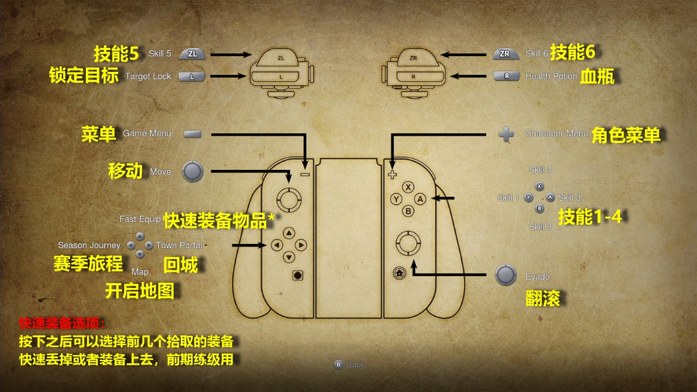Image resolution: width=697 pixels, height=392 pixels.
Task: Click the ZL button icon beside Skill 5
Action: (192, 54)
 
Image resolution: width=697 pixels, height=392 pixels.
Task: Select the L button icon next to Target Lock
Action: (192, 77)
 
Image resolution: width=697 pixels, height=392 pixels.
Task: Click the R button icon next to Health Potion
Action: (506, 76)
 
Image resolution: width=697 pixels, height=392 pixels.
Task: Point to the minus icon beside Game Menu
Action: (192, 134)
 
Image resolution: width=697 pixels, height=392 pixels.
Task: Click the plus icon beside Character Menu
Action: (506, 134)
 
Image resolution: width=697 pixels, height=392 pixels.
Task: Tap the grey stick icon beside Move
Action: (193, 171)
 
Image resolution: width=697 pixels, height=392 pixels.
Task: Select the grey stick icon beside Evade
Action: (506, 275)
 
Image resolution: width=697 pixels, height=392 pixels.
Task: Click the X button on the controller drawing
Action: (408, 187)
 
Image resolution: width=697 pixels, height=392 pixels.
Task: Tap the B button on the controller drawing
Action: (408, 211)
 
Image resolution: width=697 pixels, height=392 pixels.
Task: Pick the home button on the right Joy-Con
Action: (399, 273)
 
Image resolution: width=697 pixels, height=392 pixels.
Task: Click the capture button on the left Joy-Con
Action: (298, 275)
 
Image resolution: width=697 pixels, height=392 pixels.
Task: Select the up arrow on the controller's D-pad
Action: (289, 233)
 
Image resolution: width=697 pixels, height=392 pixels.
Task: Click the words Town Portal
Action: (179, 245)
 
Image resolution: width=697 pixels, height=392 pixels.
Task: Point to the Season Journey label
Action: (89, 245)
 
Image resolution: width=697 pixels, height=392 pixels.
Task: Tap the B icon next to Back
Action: (338, 365)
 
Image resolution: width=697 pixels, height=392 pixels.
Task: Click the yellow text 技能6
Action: (572, 52)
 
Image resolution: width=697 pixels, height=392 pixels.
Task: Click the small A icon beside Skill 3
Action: (550, 197)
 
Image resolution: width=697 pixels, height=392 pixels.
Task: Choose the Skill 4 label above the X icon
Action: (540, 170)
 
